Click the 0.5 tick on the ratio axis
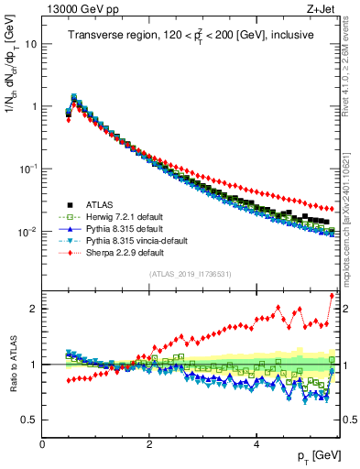[30, 420]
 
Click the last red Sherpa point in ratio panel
[331, 295]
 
